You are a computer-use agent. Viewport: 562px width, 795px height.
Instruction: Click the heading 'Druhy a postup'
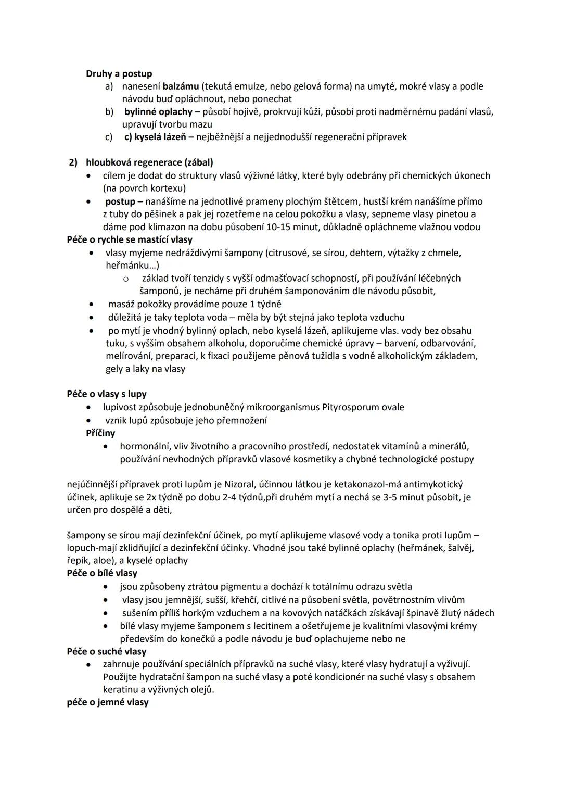[x=119, y=74]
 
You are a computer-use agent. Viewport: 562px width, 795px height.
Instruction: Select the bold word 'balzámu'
[x=181, y=86]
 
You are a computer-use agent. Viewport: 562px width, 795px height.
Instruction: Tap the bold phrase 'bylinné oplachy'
[x=158, y=112]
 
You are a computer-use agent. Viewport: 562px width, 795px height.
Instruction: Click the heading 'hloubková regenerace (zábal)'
[x=149, y=162]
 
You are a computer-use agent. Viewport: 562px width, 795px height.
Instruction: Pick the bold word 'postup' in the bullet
[x=120, y=201]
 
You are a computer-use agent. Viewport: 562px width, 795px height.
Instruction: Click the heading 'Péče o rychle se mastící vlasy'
[x=130, y=240]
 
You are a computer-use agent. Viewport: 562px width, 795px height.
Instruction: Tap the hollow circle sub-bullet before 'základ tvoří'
[x=125, y=279]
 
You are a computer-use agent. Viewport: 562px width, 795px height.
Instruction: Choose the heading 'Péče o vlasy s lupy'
[x=107, y=394]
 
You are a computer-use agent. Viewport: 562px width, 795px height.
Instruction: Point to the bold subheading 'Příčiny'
[x=100, y=433]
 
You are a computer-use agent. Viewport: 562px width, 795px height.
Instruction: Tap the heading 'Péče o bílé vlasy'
[x=102, y=573]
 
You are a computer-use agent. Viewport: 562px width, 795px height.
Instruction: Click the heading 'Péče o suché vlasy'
[x=107, y=652]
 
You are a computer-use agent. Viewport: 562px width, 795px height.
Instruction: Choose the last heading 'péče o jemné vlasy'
[x=108, y=702]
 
